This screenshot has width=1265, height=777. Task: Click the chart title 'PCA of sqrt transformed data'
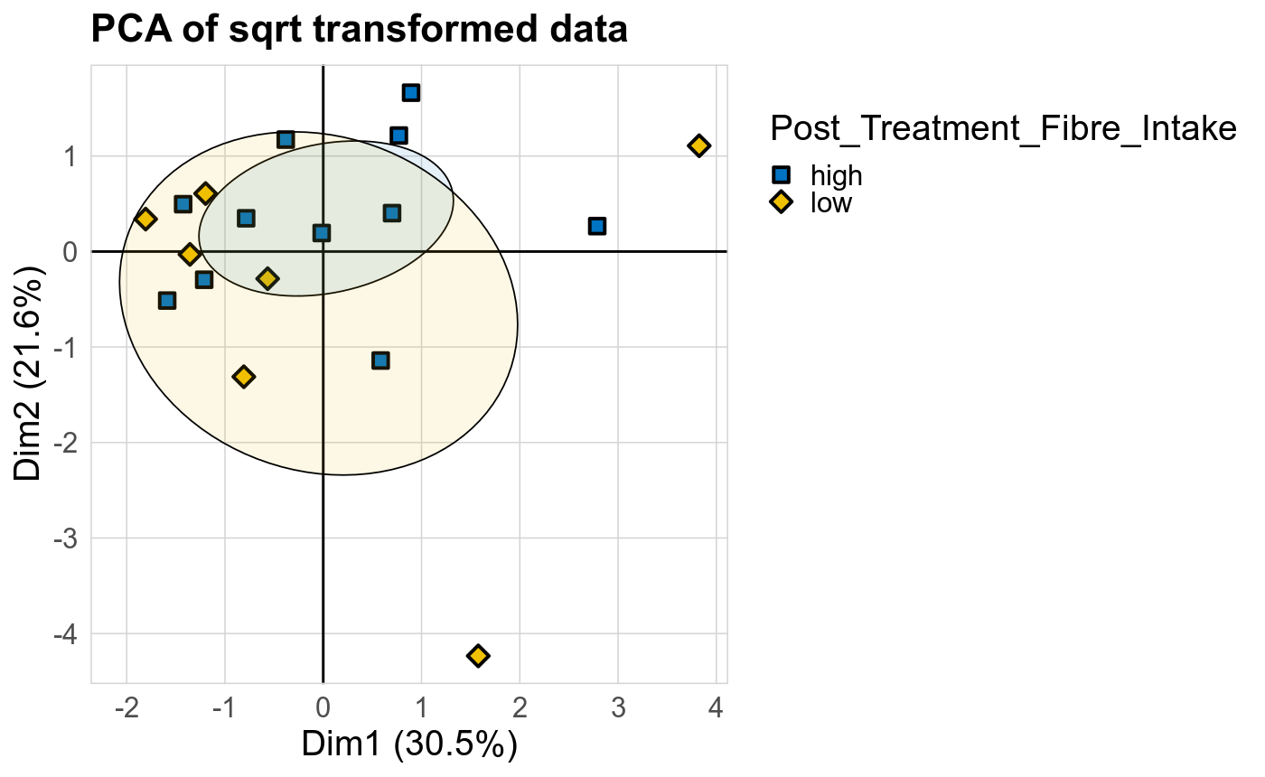tap(359, 31)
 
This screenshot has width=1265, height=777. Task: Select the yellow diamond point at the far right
tap(698, 145)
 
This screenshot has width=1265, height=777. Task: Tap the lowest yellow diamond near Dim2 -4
tap(478, 655)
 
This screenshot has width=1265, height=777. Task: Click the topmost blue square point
tap(411, 93)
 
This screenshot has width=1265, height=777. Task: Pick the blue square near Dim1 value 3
tap(596, 226)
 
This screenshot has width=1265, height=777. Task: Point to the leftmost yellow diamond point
tap(145, 219)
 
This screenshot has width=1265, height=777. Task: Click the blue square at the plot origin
tap(322, 233)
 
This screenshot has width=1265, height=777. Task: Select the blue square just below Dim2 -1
tap(380, 360)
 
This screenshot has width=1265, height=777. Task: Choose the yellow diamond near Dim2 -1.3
tap(243, 376)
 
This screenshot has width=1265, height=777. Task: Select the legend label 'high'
tap(837, 175)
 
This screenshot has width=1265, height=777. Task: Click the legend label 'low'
tap(831, 202)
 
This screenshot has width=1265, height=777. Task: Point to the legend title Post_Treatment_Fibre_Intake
tap(1003, 130)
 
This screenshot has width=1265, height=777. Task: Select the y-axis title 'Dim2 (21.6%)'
tap(29, 373)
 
